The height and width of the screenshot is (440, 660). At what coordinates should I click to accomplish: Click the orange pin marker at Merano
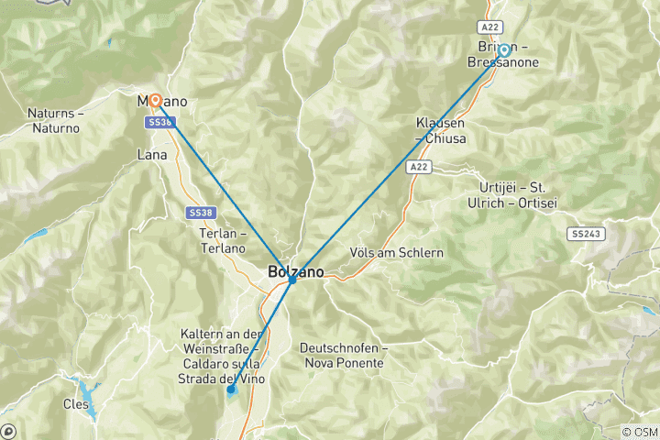[x=155, y=100]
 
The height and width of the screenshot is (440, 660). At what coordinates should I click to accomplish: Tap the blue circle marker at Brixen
[x=503, y=50]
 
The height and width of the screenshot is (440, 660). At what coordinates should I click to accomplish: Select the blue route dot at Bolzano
[x=291, y=279]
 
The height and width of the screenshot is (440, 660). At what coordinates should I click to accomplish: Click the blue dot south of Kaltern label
[x=231, y=390]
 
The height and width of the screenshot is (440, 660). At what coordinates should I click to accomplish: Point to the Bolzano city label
[x=295, y=271]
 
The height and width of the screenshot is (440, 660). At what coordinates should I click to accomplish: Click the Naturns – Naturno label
[x=54, y=121]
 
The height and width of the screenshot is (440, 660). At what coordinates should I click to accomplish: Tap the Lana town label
[x=152, y=155]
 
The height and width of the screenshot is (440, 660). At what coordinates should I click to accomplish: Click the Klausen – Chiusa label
[x=441, y=130]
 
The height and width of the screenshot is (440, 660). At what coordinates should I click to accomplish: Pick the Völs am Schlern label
[x=397, y=253]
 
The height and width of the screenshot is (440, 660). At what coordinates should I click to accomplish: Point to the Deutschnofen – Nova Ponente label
[x=344, y=356]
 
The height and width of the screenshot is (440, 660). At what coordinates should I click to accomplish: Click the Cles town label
[x=76, y=403]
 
